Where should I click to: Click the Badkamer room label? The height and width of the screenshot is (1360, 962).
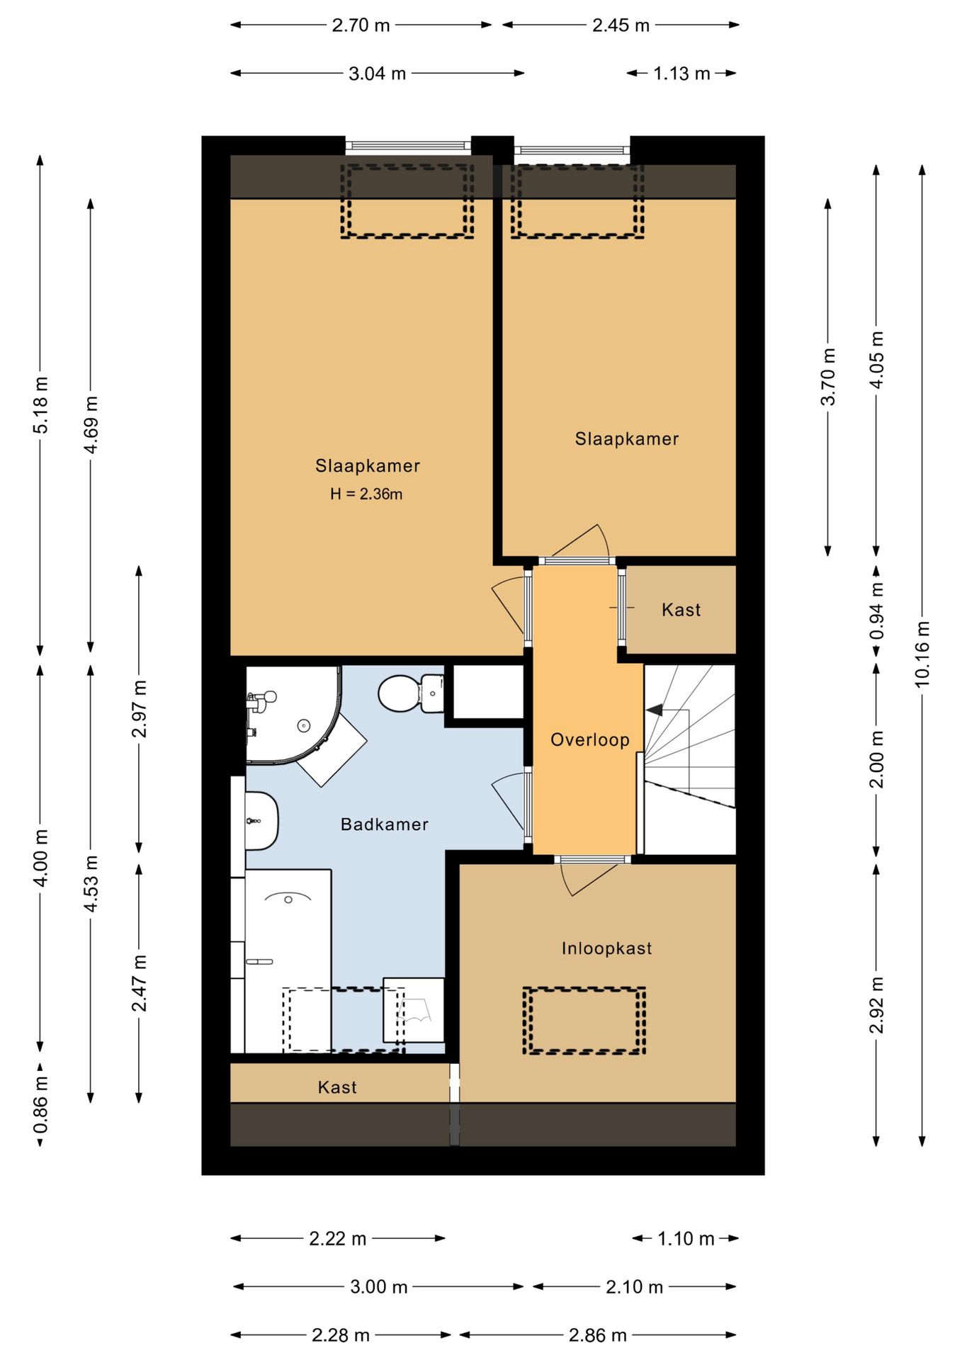pyautogui.click(x=384, y=824)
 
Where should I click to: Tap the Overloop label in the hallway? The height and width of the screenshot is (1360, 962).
pyautogui.click(x=590, y=739)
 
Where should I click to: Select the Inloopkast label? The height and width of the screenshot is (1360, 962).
pyautogui.click(x=606, y=948)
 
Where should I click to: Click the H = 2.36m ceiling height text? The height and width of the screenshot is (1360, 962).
pyautogui.click(x=366, y=494)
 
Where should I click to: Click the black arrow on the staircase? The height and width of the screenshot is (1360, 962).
pyautogui.click(x=654, y=708)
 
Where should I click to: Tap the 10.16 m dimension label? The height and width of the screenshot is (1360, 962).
pyautogui.click(x=922, y=653)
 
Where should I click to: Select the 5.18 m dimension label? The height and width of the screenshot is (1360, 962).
pyautogui.click(x=40, y=404)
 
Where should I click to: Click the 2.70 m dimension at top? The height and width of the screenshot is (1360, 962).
pyautogui.click(x=361, y=25)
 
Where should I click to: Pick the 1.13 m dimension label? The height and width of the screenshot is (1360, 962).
pyautogui.click(x=681, y=74)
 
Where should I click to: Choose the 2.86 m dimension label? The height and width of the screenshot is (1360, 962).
pyautogui.click(x=597, y=1335)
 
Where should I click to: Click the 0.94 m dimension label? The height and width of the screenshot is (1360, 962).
pyautogui.click(x=877, y=610)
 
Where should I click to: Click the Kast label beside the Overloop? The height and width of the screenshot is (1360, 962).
pyautogui.click(x=681, y=610)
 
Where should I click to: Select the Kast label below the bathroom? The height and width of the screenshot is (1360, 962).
pyautogui.click(x=337, y=1087)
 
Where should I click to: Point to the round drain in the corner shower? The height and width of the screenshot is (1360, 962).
pyautogui.click(x=304, y=724)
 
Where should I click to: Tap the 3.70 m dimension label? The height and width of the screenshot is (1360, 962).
pyautogui.click(x=827, y=377)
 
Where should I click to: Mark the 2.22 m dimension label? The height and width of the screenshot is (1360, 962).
pyautogui.click(x=337, y=1239)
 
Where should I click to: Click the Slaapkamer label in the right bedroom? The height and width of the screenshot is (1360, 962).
pyautogui.click(x=627, y=439)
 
